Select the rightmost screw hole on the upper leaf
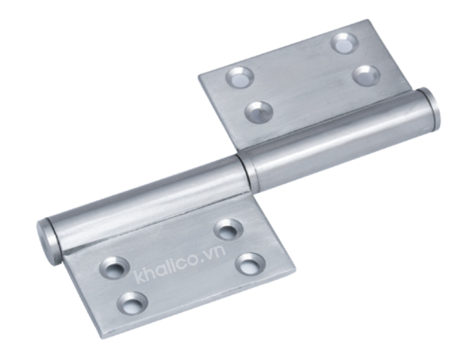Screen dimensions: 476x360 click(x=367, y=76)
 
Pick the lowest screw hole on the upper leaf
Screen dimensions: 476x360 click(x=259, y=111)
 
